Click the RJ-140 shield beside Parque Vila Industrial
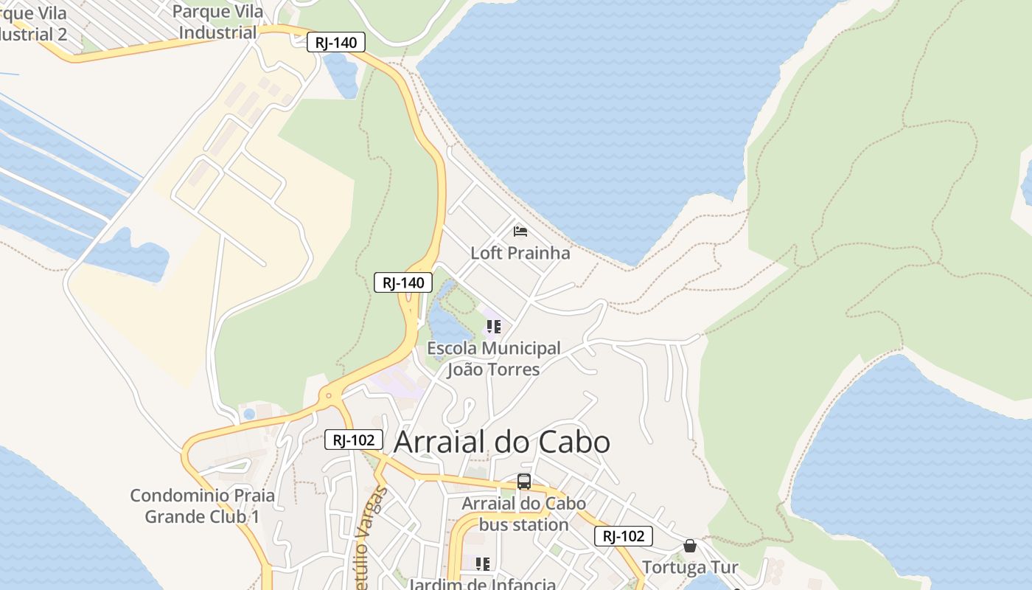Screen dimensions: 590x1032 tap(335, 43)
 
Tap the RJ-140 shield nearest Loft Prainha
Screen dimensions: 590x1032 tap(403, 282)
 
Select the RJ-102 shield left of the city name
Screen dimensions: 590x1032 tap(354, 440)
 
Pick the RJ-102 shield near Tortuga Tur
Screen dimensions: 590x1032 tap(624, 536)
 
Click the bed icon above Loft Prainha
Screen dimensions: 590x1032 tap(520, 232)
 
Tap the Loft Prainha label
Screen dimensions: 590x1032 tap(520, 253)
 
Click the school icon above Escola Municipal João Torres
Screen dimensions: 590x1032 tap(493, 326)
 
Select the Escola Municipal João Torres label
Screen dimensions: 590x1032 tap(494, 358)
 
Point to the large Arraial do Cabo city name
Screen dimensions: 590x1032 tap(502, 442)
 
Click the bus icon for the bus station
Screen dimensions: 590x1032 tap(524, 482)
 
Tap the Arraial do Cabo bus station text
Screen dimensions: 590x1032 tap(524, 514)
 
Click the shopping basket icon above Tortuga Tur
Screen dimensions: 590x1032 tap(690, 546)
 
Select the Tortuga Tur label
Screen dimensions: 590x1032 tap(690, 568)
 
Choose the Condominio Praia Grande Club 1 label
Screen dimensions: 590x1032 tap(203, 506)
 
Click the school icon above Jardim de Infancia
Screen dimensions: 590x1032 tap(483, 564)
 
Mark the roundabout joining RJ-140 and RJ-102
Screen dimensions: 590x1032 tap(328, 396)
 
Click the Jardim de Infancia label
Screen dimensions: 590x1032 tap(483, 584)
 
